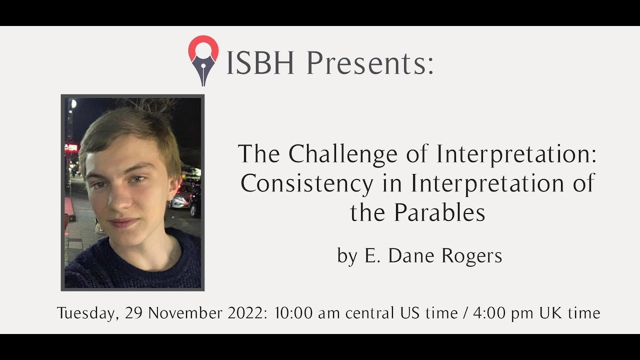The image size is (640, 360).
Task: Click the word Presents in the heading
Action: pyautogui.click(x=370, y=63)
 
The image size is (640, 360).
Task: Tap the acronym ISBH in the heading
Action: pyautogui.click(x=260, y=63)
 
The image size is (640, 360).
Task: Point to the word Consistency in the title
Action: pyautogui.click(x=306, y=183)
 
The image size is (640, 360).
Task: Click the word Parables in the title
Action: pyautogui.click(x=439, y=213)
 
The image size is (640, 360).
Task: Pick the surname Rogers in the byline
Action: pyautogui.click(x=472, y=256)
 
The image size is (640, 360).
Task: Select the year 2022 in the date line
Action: pyautogui.click(x=246, y=313)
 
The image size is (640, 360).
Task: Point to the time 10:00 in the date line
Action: pyautogui.click(x=294, y=313)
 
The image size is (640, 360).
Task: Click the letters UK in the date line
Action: pyautogui.click(x=550, y=313)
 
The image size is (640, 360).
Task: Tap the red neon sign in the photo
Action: pyautogui.click(x=71, y=147)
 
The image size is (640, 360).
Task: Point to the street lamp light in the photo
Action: pyautogui.click(x=73, y=104)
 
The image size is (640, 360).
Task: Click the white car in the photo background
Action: pyautogui.click(x=180, y=199)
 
